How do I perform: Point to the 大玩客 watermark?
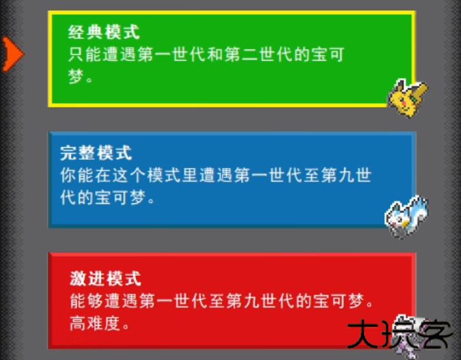pos(400,335)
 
